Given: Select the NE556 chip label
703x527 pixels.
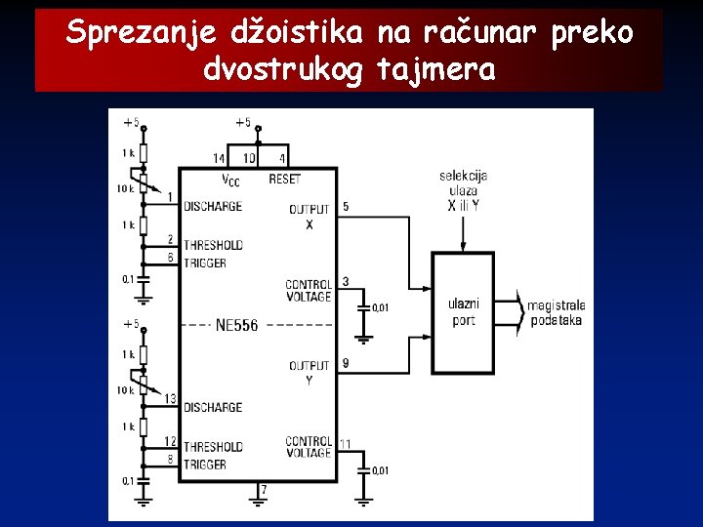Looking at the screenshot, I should click(x=236, y=325).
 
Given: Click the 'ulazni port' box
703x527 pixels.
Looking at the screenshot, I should click(x=464, y=312).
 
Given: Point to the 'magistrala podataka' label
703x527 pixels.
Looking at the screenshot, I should click(x=556, y=313).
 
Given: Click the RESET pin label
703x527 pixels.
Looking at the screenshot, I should click(x=285, y=180).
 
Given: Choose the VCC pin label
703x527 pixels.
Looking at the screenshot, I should click(x=230, y=180).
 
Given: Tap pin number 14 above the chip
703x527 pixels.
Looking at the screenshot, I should click(x=219, y=158).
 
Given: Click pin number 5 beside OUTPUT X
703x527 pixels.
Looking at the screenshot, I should click(x=347, y=207).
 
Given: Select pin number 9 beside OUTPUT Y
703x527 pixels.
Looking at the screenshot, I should click(x=347, y=363).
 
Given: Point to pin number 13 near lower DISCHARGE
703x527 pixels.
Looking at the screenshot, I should click(x=170, y=398).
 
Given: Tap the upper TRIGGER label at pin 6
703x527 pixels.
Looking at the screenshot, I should click(x=205, y=263).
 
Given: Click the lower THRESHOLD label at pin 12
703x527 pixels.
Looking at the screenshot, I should click(x=213, y=447).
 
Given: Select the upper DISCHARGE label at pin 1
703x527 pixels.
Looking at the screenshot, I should click(x=213, y=207).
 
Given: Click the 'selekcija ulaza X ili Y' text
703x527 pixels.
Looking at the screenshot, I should click(x=464, y=191).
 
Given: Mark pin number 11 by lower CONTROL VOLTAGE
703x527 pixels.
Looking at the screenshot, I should click(x=346, y=445).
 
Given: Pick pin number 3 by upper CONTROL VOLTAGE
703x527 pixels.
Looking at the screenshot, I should click(x=346, y=282).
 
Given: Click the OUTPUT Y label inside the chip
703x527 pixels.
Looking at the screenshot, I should click(x=310, y=372).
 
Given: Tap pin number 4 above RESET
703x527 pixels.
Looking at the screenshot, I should click(x=282, y=158).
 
